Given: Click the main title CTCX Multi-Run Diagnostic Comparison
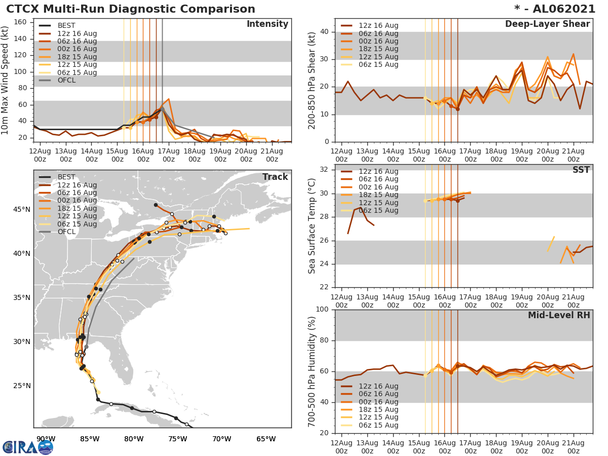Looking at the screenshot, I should [131, 9].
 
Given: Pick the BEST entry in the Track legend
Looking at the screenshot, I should [66, 177].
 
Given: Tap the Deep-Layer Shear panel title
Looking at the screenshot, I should [547, 24].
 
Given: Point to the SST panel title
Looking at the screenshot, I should [581, 170].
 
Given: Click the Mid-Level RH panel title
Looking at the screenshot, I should [559, 316].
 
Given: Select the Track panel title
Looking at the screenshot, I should [275, 177].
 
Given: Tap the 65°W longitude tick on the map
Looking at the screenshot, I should [265, 439].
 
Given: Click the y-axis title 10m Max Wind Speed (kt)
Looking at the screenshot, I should [6, 79].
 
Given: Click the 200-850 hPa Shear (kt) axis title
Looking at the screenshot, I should [312, 80].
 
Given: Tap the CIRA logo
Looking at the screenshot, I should [28, 446].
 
